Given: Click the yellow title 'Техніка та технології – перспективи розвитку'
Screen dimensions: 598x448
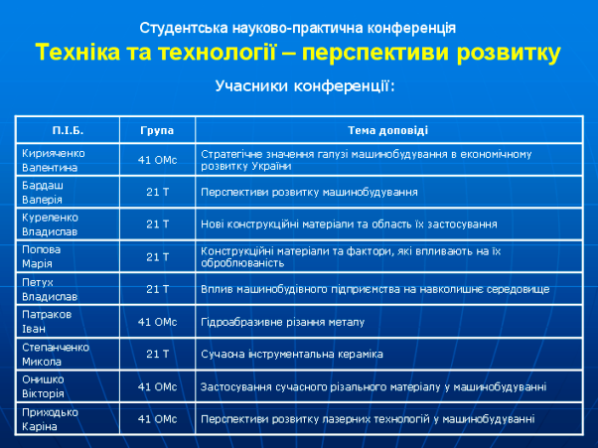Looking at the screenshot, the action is [298, 53].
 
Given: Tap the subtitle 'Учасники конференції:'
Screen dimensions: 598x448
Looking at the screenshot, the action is [305, 85].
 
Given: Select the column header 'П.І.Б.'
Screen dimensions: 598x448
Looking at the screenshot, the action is [68, 130].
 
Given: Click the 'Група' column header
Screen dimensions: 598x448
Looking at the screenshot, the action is [157, 131].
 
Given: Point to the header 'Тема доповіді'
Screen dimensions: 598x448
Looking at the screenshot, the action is [387, 130].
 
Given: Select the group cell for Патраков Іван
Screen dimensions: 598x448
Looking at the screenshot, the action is [157, 322].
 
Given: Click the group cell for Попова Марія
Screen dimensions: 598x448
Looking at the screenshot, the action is [157, 257].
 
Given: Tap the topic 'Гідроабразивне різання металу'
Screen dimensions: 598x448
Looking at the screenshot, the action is [282, 322].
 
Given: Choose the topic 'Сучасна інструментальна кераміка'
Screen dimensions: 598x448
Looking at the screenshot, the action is [292, 355].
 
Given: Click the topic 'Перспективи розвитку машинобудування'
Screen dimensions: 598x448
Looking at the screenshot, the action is [309, 192].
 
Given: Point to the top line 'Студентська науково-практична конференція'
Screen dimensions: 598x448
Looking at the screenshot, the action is [297, 28].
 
